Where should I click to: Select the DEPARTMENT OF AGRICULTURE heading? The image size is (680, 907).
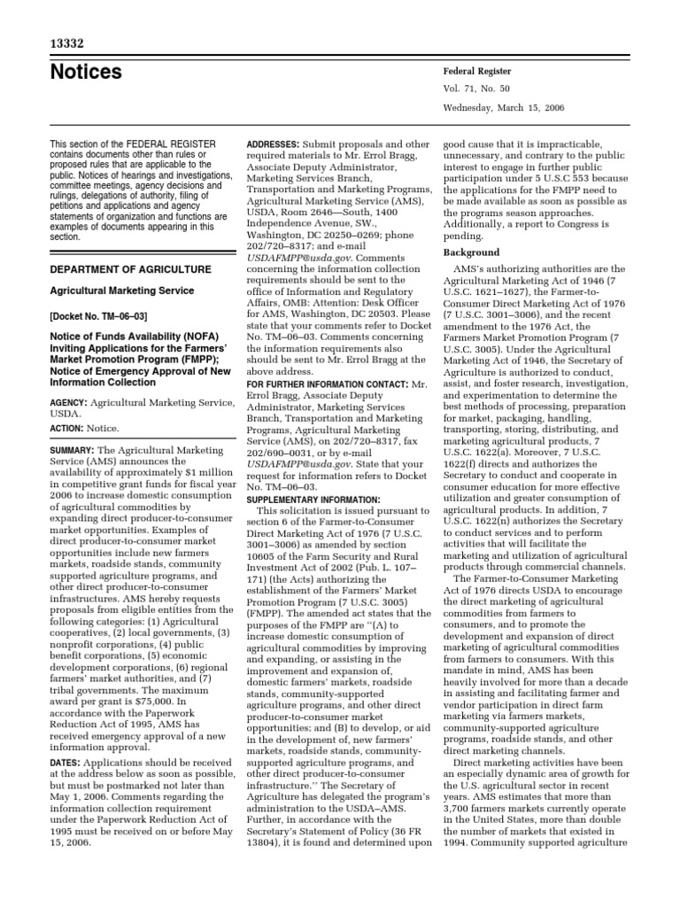coord(129,269)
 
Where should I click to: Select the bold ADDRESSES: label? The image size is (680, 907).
coord(273,143)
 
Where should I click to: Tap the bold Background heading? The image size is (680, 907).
coord(470,253)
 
